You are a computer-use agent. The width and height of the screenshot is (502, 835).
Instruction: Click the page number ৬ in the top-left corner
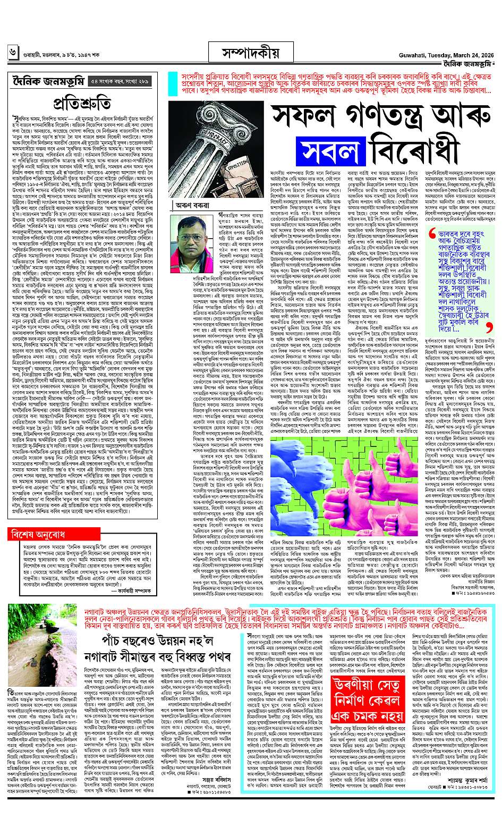point(12,53)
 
